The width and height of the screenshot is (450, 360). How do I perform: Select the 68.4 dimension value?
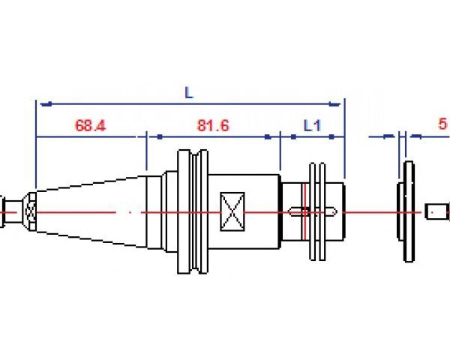coord(90,125)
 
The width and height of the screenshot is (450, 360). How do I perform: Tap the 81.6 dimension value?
coord(212,125)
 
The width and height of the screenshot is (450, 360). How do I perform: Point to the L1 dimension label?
coord(312,125)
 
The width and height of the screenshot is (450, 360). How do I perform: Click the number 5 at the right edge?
coord(443,124)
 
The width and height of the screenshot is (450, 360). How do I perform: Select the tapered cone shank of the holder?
coord(90,213)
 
